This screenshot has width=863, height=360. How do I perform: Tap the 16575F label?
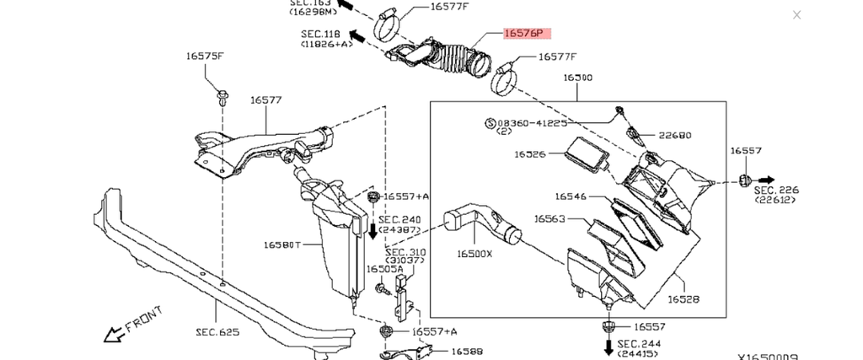(x=205, y=56)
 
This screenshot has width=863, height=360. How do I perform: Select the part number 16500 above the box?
(x=577, y=78)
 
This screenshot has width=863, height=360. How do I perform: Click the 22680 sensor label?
(x=675, y=135)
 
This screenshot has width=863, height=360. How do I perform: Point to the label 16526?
(x=531, y=154)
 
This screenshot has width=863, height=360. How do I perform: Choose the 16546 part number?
(x=571, y=196)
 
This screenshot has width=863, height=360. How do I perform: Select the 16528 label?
(x=683, y=298)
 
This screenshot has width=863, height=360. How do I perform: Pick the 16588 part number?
(x=467, y=352)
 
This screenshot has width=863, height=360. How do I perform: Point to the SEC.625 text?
(x=218, y=332)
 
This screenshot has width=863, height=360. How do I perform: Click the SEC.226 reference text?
(x=776, y=191)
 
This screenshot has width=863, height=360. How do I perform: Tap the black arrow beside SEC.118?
(x=356, y=36)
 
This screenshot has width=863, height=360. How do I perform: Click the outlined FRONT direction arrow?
(x=113, y=335)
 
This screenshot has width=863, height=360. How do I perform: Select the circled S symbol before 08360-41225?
(x=490, y=123)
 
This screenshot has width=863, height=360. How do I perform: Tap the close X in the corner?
(x=797, y=15)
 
